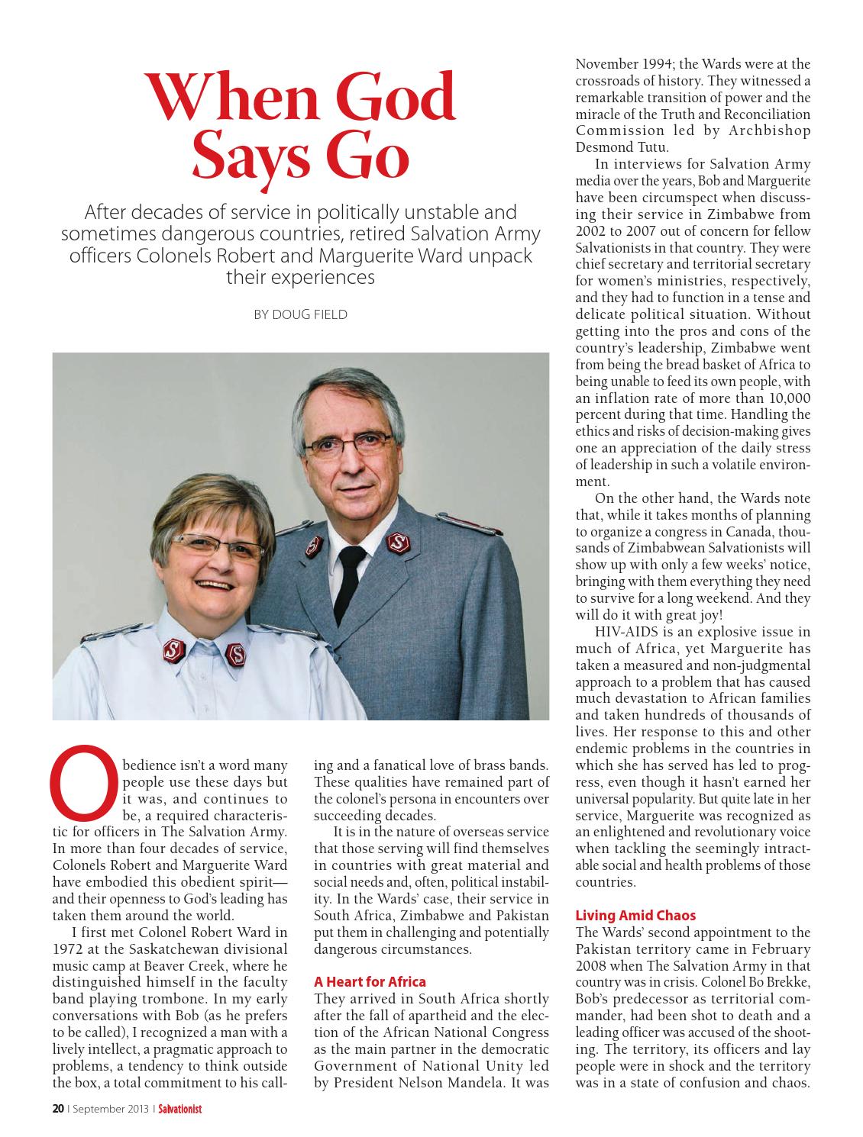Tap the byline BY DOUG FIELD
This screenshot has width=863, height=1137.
coord(300,314)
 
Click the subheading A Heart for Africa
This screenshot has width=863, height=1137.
coord(370,981)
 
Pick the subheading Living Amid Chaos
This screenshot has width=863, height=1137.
coord(635,915)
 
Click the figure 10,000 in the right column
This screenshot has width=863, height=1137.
coord(788,398)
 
